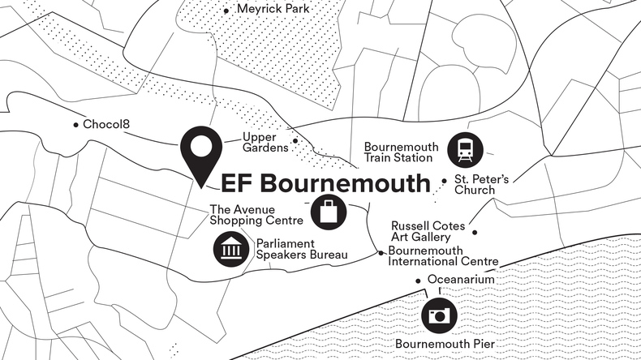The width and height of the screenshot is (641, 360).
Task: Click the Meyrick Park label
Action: point(274,9)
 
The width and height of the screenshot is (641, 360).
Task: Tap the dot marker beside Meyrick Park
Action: point(226,11)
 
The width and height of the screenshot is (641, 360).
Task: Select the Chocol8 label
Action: point(108,124)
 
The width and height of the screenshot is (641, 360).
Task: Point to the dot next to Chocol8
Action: point(75,125)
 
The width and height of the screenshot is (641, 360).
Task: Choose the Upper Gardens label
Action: point(265,143)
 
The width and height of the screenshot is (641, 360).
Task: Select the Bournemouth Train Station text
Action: point(401,152)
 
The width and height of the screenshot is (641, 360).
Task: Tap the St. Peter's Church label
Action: point(481,184)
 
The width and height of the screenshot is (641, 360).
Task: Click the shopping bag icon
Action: point(328,212)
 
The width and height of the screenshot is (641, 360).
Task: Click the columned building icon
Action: point(231,249)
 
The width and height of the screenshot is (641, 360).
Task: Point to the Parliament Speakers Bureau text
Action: point(302,249)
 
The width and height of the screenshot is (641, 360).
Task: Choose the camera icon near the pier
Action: point(439,315)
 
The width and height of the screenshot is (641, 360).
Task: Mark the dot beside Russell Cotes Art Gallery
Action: point(475,233)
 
